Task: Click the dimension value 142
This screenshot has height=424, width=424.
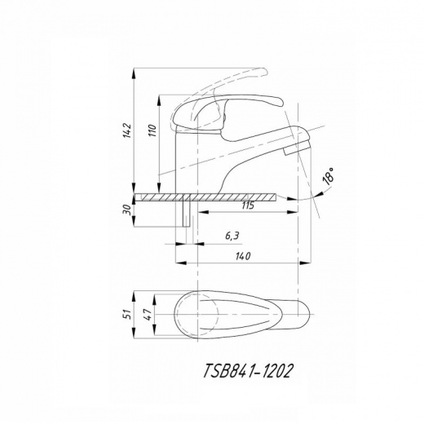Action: pyautogui.click(x=127, y=130)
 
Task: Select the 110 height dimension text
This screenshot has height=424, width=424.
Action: pyautogui.click(x=152, y=130)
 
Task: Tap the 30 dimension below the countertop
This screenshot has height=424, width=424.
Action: pyautogui.click(x=127, y=210)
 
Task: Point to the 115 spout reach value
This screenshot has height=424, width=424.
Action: pyautogui.click(x=248, y=205)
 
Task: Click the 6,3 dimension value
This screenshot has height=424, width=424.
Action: pyautogui.click(x=232, y=236)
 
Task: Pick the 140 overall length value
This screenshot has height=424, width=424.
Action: pyautogui.click(x=243, y=256)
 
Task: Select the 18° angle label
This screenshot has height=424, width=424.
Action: pyautogui.click(x=329, y=176)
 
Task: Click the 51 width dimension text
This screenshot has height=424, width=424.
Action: pyautogui.click(x=127, y=314)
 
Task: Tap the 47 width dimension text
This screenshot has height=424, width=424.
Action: pyautogui.click(x=148, y=314)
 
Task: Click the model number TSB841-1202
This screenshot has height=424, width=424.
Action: pyautogui.click(x=248, y=371)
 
